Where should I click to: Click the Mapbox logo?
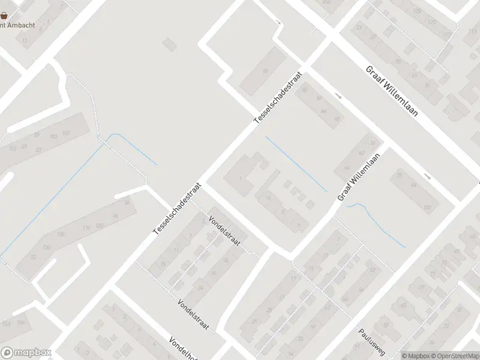coord(26,353)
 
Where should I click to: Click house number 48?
coord(337,119)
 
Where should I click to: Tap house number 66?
coord(346,168)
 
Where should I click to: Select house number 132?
coord(100,225)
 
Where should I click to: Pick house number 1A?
coord(268,197)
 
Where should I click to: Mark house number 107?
coord(65,133)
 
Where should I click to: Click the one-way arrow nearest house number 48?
coord(339,97)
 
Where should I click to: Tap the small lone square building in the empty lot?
coord(170,44)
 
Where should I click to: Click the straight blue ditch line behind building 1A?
coord(295,163)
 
